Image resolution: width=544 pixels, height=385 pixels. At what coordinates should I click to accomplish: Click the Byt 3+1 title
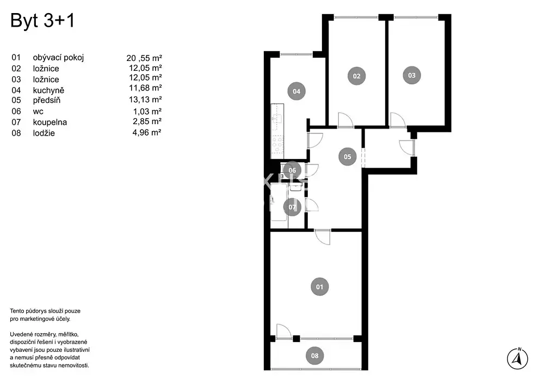click(42, 21)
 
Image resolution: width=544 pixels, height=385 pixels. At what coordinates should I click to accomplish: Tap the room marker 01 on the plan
click(319, 287)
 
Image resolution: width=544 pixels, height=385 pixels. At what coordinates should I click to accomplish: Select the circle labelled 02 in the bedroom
click(357, 76)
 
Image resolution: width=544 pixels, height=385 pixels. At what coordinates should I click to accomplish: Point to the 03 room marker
click(411, 75)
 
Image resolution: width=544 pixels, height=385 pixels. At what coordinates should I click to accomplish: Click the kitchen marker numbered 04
click(296, 91)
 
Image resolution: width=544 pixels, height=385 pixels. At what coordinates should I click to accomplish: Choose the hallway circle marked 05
click(347, 157)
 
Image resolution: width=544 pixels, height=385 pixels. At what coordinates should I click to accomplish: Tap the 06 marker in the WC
click(292, 170)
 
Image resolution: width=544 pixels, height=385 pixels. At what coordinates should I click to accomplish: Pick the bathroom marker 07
click(292, 207)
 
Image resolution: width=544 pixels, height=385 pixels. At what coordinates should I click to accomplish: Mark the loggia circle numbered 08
click(314, 356)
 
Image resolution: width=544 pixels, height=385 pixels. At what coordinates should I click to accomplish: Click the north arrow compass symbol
click(517, 359)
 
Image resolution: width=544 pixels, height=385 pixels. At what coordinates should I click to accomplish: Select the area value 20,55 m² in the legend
click(144, 58)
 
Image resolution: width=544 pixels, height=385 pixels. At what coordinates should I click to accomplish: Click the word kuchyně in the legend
click(48, 90)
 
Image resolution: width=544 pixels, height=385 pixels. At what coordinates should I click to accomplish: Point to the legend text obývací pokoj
click(58, 58)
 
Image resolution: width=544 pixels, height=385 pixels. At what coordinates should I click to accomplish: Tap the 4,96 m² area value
click(147, 132)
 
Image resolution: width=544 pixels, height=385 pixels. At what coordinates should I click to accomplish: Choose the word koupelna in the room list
click(50, 122)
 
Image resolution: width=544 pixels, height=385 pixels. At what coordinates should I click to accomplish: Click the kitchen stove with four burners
click(277, 144)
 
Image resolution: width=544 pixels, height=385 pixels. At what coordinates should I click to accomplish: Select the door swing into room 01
click(323, 237)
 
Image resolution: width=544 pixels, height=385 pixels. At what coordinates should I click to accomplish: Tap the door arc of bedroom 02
click(345, 120)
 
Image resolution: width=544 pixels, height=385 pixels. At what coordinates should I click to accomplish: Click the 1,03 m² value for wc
click(147, 112)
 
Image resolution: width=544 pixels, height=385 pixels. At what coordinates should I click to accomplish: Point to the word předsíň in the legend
click(46, 100)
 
